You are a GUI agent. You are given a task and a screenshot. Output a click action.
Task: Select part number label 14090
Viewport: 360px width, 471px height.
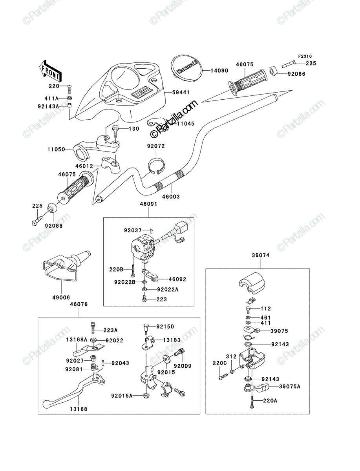(x=219, y=71)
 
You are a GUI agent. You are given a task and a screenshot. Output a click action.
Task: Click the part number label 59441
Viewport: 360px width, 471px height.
(x=181, y=93)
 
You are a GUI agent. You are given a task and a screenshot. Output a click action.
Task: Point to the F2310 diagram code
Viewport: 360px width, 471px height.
(x=305, y=57)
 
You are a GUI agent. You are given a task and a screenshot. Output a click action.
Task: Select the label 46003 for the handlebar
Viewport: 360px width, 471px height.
(x=171, y=196)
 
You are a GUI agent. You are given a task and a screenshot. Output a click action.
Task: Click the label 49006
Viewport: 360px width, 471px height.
(x=61, y=298)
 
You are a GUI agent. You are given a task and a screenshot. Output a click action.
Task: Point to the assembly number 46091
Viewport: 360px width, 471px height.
(x=149, y=204)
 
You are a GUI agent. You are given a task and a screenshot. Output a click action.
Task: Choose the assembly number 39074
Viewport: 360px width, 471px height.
(x=261, y=255)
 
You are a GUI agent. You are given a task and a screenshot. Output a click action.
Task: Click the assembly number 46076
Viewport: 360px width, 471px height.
(x=79, y=304)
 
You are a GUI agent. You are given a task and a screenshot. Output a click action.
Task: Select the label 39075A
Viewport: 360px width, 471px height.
(x=290, y=387)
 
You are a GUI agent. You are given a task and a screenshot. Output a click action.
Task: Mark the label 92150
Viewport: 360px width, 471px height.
(x=165, y=327)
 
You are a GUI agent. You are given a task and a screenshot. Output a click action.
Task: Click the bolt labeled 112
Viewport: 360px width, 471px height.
(x=248, y=309)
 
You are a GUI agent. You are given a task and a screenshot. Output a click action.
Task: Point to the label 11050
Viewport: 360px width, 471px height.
(x=56, y=149)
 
